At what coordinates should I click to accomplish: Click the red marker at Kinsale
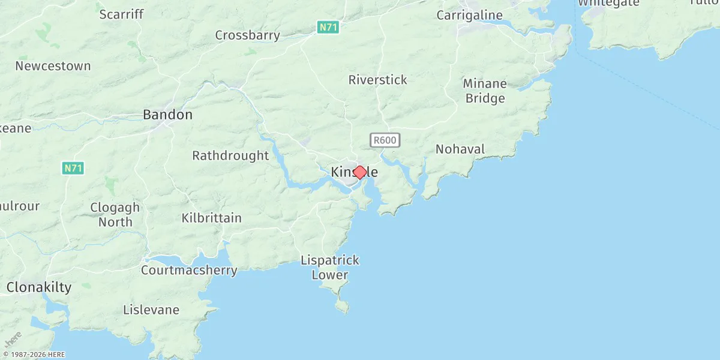click(x=359, y=172)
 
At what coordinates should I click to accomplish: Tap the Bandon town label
click(x=167, y=115)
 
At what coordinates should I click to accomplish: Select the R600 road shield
click(x=385, y=140)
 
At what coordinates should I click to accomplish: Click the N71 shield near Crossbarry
click(x=328, y=27)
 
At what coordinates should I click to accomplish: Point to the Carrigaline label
click(x=478, y=15)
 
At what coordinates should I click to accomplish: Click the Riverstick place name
click(x=377, y=80)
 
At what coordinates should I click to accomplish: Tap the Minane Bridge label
click(x=485, y=91)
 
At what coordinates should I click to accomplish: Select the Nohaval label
click(x=460, y=149)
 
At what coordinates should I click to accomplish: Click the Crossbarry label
click(x=247, y=35)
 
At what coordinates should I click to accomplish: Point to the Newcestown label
click(x=53, y=66)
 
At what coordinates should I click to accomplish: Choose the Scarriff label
click(x=121, y=14)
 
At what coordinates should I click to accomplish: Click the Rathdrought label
click(x=230, y=156)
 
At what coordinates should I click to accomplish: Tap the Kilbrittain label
click(x=212, y=218)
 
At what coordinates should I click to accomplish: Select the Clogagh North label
click(x=115, y=215)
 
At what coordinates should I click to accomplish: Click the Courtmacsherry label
click(x=189, y=271)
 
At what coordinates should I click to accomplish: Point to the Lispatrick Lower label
click(x=330, y=268)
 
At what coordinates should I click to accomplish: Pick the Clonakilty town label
click(x=39, y=287)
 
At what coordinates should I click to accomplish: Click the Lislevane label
click(x=151, y=310)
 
